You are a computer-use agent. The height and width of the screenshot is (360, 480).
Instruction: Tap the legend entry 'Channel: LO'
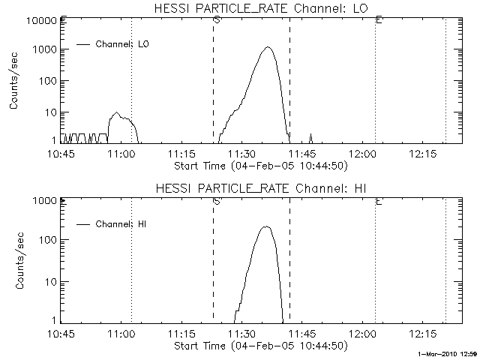[x=123, y=44]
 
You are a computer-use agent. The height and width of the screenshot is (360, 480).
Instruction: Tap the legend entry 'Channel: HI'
[x=122, y=223]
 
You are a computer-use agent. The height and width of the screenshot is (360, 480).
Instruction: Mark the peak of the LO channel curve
[x=268, y=48]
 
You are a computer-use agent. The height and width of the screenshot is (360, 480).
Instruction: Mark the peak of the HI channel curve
[x=265, y=226]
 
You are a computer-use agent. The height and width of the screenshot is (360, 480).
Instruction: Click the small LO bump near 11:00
[x=116, y=113]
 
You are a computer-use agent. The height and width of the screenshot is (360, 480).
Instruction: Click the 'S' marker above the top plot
[x=217, y=19]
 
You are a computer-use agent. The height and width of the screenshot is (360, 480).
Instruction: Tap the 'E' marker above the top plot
[x=379, y=19]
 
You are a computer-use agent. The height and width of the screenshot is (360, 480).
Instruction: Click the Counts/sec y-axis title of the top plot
[x=14, y=84]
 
